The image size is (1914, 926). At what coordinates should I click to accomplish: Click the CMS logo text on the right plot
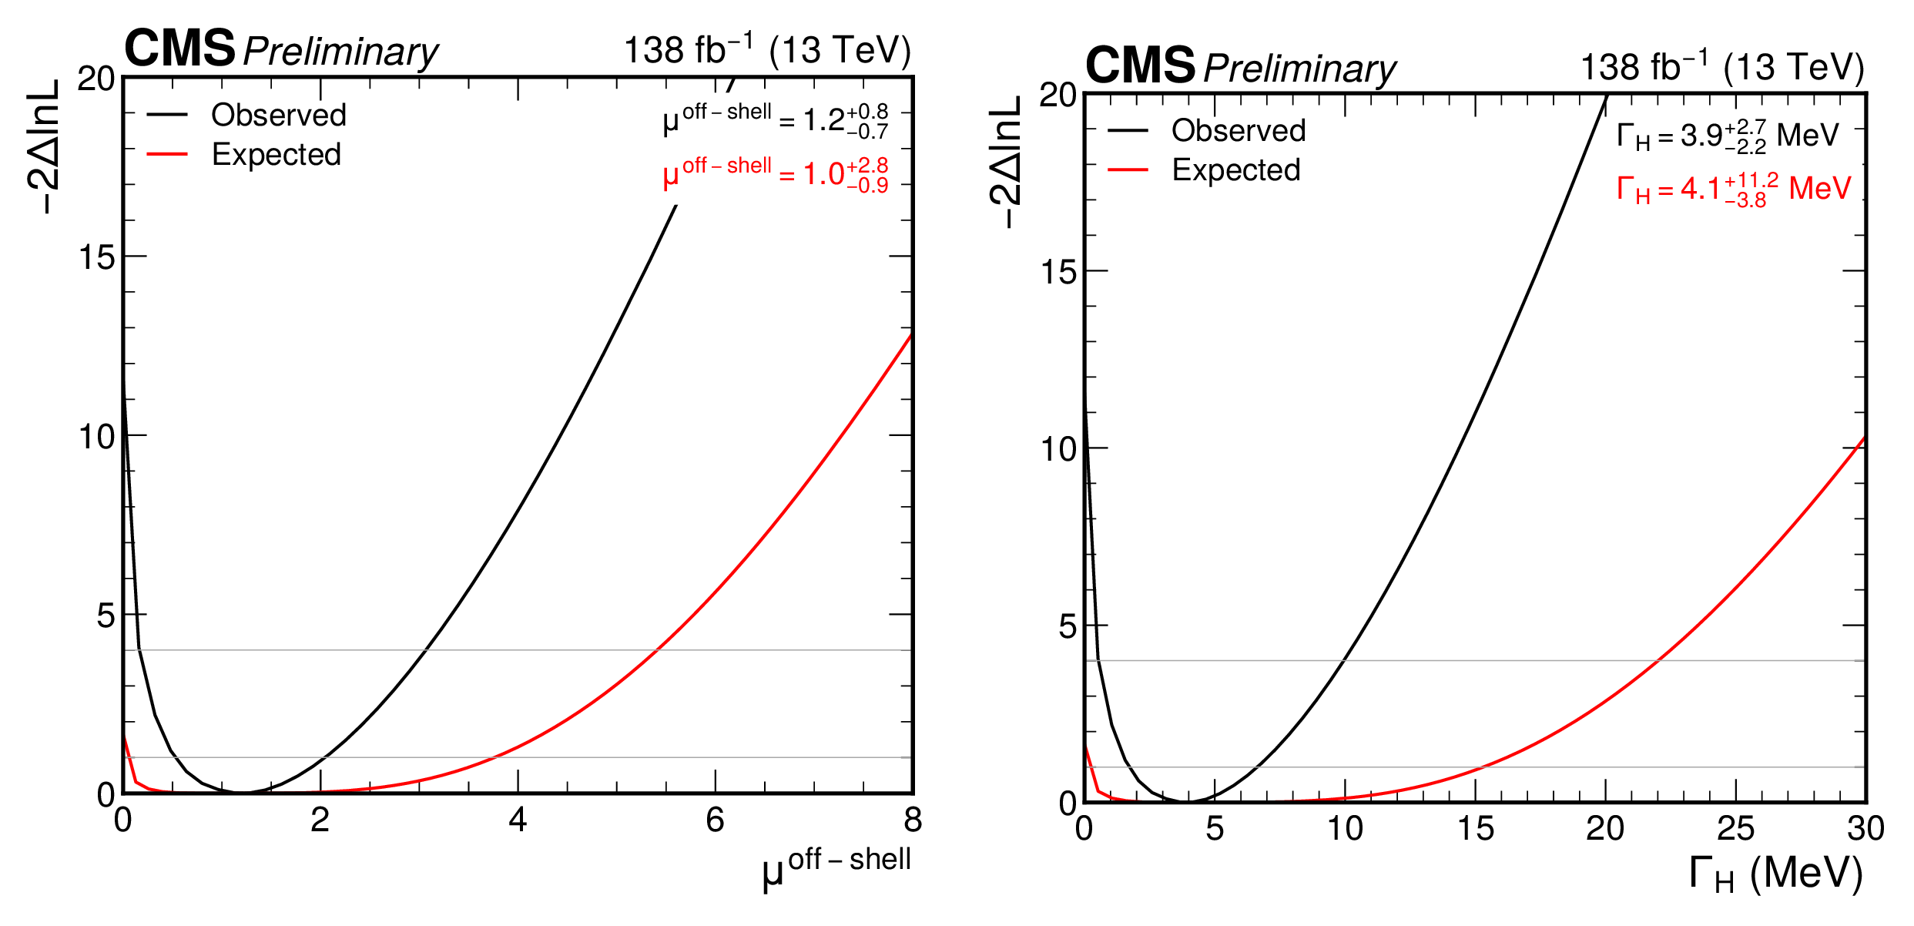pos(1140,65)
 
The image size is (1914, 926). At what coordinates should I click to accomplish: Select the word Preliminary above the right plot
pos(1299,69)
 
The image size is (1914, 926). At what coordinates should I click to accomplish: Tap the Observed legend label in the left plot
pos(279,115)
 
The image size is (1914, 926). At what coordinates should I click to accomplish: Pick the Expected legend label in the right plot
pos(1236,169)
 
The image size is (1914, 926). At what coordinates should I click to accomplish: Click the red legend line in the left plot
pos(167,154)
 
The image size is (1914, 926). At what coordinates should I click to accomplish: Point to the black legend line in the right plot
pos(1128,130)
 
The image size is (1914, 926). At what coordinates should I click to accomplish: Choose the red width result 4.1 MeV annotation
pos(1733,189)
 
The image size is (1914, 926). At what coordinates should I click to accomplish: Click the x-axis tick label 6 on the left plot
pos(715,820)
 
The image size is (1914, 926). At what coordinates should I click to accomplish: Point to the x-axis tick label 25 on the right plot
pos(1735,828)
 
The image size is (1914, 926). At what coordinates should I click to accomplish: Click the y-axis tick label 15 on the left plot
pos(96,257)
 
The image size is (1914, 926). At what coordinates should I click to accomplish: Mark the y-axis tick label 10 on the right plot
pos(1058,449)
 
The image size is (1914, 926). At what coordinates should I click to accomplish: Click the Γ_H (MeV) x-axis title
pos(1775,874)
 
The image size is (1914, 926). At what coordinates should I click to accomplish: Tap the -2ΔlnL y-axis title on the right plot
pos(1006,162)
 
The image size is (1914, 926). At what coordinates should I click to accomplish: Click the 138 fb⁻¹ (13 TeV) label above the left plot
pos(766,50)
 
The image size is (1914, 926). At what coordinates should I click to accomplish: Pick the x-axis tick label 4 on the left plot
pos(518,820)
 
